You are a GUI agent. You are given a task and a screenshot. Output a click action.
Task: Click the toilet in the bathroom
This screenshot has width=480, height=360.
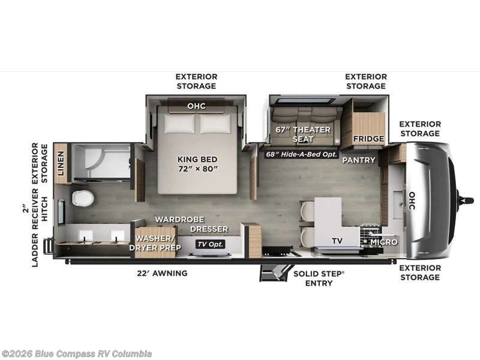click(x=83, y=198)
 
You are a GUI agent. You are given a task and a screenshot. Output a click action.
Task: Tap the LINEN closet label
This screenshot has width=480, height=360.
click(x=61, y=163)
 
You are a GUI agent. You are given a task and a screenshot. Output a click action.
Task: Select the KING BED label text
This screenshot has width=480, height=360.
click(x=197, y=159)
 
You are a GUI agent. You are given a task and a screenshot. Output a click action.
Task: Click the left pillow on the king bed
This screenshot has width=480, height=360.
click(x=179, y=124)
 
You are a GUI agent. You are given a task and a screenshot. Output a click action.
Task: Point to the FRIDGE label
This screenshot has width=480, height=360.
click(x=368, y=139)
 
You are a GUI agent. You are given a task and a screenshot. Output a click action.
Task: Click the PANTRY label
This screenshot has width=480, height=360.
click(x=359, y=160)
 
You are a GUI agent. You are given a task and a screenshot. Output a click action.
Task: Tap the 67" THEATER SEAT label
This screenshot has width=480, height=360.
click(x=303, y=134)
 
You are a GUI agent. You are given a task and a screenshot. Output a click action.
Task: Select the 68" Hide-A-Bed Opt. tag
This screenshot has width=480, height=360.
click(x=302, y=154)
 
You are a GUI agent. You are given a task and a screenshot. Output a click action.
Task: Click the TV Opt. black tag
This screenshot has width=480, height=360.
click(x=211, y=244)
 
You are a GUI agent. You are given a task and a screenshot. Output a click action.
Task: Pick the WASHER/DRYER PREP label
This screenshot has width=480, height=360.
click(x=155, y=243)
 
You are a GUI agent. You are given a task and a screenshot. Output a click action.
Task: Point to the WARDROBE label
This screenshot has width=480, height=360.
click(x=179, y=220)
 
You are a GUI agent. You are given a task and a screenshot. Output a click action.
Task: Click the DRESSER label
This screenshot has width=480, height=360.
click(x=209, y=229)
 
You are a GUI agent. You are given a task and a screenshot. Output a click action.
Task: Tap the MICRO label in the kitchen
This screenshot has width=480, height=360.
click(x=384, y=242)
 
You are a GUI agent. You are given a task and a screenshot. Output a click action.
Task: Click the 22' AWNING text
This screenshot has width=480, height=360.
click(x=162, y=273)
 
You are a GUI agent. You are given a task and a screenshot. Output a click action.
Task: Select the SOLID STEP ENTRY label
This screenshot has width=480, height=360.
click(x=319, y=278)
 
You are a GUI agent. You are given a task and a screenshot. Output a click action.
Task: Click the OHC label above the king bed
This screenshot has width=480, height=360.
click(x=197, y=106)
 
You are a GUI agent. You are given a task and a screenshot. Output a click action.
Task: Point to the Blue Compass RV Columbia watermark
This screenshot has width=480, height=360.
click(x=76, y=354)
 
